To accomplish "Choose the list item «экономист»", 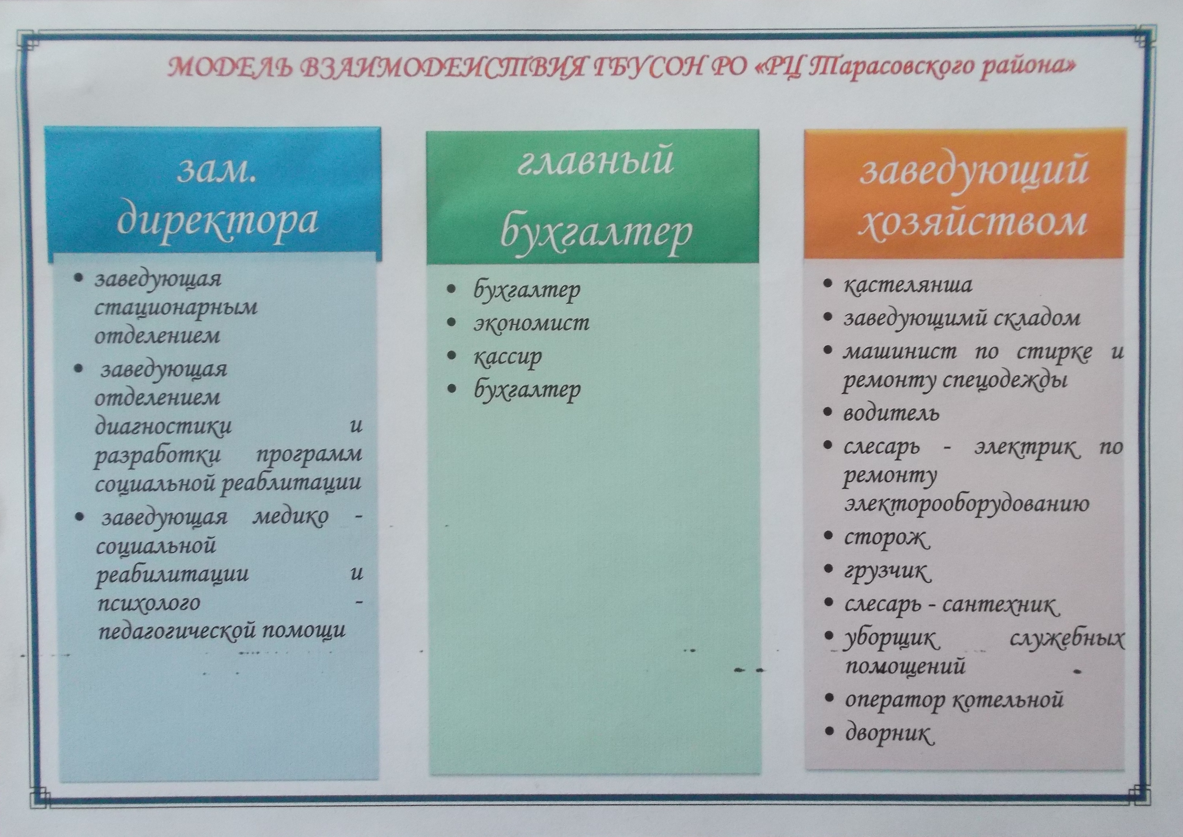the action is [531, 323].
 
